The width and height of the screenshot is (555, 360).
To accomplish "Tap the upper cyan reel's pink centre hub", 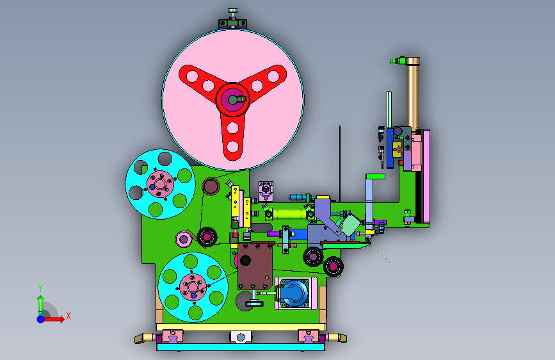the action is click(160, 184).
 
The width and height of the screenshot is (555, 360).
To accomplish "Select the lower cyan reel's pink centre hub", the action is click(193, 287).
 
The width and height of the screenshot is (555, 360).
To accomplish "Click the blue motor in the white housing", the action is click(294, 293).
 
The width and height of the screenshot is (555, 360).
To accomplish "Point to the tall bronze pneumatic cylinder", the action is click(413, 94).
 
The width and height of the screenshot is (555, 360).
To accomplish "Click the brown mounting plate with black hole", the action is click(255, 266).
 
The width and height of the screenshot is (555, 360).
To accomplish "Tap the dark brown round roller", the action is click(211, 186).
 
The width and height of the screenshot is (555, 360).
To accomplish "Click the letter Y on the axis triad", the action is click(40, 288).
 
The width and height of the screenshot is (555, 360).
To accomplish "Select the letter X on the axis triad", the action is click(68, 316).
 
